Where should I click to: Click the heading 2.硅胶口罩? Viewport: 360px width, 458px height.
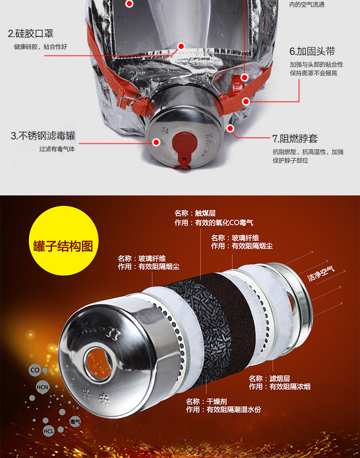[x=30, y=34]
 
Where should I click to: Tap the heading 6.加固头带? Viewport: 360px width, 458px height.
[x=312, y=51]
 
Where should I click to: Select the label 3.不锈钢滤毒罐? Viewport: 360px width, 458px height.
[x=43, y=136]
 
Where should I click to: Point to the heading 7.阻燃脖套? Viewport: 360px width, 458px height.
[x=295, y=139]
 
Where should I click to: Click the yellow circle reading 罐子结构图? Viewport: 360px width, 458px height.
[x=63, y=246]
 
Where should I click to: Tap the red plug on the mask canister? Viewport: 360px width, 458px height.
[x=184, y=145]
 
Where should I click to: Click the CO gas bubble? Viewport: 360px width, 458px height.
[x=35, y=370]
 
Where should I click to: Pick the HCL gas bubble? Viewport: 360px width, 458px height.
[x=48, y=431]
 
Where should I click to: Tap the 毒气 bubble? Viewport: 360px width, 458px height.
[x=75, y=422]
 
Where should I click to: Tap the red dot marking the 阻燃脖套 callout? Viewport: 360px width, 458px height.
[x=230, y=128]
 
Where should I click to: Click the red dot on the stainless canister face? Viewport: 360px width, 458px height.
[x=156, y=142]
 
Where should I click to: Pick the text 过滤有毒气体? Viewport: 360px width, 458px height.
[x=57, y=149]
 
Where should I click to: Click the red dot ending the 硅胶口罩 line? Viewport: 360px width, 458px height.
[x=181, y=47]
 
